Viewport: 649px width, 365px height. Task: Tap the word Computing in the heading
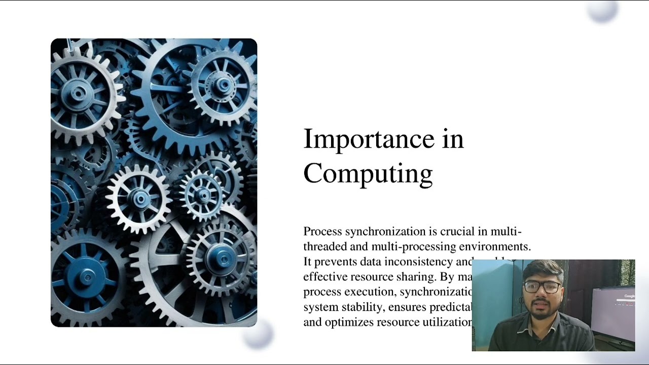click(368, 174)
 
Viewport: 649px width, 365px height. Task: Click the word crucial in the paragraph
click(457, 232)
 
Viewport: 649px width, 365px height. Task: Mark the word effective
click(324, 277)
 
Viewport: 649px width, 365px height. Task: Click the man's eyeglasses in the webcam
click(542, 287)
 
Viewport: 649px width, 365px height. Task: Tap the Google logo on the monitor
click(629, 296)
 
